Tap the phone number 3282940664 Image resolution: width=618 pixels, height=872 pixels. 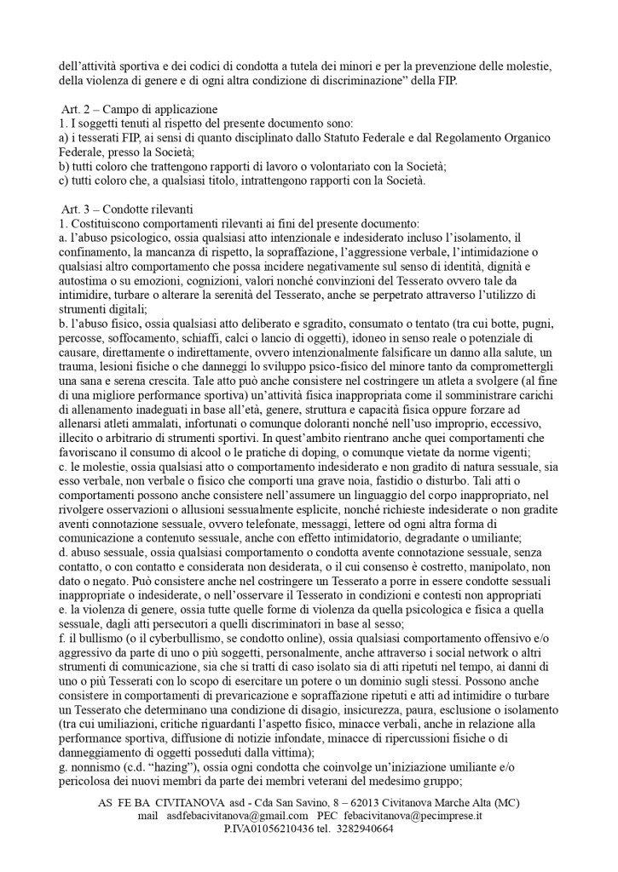[361, 829]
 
